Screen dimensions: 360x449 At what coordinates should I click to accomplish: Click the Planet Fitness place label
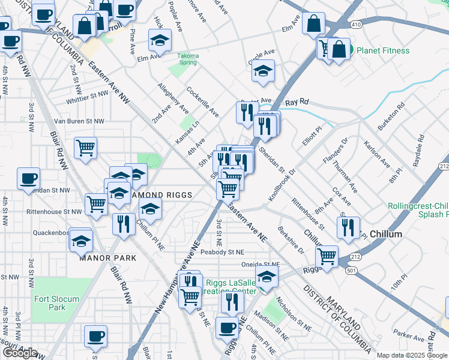point(383,51)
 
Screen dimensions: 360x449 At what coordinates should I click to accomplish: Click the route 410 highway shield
point(356,25)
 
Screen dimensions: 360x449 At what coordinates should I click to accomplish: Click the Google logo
point(20,353)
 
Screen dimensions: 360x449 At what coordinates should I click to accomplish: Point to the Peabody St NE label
point(223,253)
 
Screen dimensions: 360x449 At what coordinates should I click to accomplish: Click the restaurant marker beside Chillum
point(348,227)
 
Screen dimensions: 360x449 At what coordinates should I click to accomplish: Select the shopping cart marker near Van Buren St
point(85,148)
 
